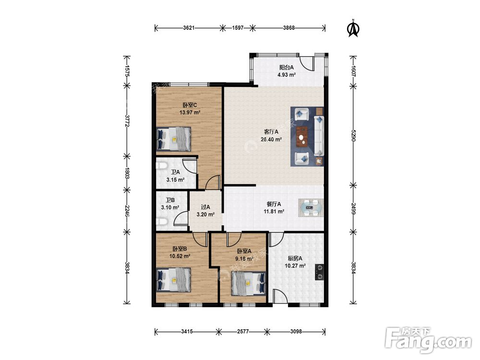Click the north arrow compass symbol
pos(353,28)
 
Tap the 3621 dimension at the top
pos(189,28)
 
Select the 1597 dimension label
pos(238,28)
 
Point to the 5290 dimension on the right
pos(353,135)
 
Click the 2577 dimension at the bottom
pos(243,331)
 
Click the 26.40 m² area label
pos(271,140)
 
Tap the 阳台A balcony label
pos(286,67)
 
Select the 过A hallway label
pos(205,207)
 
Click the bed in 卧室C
pos(174,139)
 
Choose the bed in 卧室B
pos(174,280)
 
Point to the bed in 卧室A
pos(248,284)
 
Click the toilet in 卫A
pos(161,166)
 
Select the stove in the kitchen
pos(319,272)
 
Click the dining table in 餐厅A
pos(311,208)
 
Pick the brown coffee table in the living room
pos(302,137)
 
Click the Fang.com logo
pos(428,339)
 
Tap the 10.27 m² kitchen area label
pos(295,266)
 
